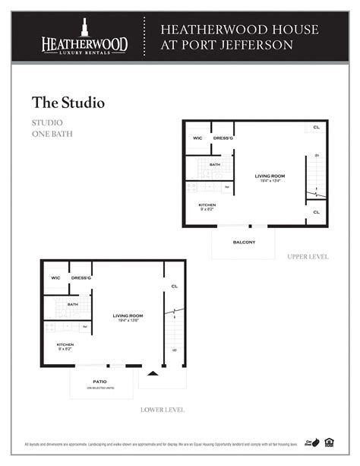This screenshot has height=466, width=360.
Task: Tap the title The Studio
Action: [68, 101]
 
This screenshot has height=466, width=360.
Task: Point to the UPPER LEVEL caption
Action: [308, 257]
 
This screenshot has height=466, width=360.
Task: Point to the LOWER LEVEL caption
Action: [162, 410]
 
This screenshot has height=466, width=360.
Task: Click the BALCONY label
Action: [244, 243]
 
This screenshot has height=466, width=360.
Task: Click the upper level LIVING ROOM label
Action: [269, 176]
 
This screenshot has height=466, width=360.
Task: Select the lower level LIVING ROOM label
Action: [128, 315]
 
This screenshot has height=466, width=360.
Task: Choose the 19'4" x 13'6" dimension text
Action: [128, 321]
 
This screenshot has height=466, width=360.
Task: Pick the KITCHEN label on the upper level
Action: [207, 205]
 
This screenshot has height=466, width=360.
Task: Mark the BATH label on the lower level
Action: [73, 304]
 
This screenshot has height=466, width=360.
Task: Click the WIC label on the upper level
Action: [197, 138]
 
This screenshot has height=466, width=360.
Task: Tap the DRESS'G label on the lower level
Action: [81, 277]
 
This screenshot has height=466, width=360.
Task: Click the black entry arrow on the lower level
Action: [153, 373]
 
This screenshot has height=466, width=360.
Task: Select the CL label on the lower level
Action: [174, 286]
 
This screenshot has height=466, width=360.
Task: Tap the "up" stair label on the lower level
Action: [176, 350]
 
